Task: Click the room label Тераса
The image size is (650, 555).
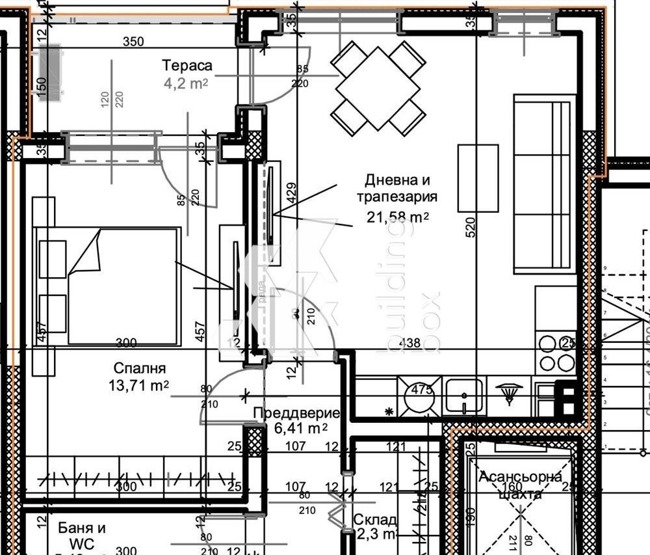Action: click(x=187, y=66)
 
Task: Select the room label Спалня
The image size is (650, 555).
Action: click(x=138, y=368)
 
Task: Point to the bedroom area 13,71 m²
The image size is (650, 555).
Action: click(x=138, y=385)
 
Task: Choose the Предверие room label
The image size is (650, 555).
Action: click(x=296, y=413)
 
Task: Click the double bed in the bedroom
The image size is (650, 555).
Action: click(x=123, y=286)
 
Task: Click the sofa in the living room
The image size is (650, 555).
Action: click(x=545, y=183)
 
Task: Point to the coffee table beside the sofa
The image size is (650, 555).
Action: click(x=478, y=178)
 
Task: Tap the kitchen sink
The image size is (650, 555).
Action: click(x=463, y=396)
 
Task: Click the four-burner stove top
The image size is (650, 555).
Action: click(x=557, y=353)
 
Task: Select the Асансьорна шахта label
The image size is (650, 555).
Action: click(x=520, y=485)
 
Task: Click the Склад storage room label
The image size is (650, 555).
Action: click(x=375, y=520)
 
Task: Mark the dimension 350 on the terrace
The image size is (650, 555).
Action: click(x=133, y=42)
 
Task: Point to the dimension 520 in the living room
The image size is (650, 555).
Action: click(x=471, y=226)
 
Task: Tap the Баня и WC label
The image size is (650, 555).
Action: click(x=81, y=535)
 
